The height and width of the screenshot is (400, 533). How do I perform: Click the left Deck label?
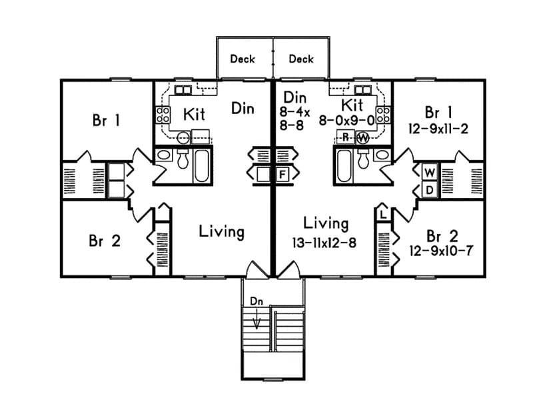click(x=243, y=59)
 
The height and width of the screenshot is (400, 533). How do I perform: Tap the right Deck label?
click(x=301, y=59)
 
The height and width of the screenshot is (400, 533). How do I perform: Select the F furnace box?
click(x=282, y=175)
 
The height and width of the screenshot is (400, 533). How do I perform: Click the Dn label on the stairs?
click(x=257, y=301)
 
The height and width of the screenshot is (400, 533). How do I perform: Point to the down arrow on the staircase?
click(x=257, y=321)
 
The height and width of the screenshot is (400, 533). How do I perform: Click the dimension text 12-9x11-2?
click(x=438, y=128)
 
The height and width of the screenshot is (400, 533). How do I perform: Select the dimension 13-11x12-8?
click(x=324, y=243)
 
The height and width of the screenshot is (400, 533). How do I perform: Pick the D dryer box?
click(x=429, y=189)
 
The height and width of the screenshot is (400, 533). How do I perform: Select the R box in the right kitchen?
click(x=346, y=138)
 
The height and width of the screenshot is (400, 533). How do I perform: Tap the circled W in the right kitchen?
click(x=363, y=138)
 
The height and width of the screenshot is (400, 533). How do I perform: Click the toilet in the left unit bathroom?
click(x=182, y=160)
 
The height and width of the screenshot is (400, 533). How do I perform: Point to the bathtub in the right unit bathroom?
click(x=344, y=166)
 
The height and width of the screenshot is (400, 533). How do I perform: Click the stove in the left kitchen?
click(x=163, y=113)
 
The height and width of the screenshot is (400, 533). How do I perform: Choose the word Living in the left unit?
click(x=221, y=231)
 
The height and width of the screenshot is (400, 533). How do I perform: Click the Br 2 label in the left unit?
click(x=105, y=241)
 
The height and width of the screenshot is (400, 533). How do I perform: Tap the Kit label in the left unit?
click(x=194, y=115)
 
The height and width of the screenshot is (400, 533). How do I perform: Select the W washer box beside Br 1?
click(x=429, y=173)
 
